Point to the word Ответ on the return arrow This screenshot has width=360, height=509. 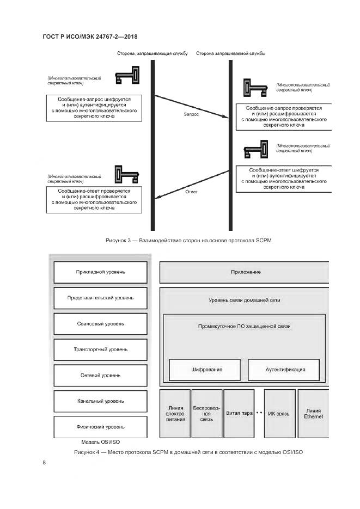(191, 192)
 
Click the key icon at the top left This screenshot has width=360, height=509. (127, 77)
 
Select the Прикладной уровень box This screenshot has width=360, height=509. (100, 272)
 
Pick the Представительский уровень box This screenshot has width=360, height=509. (100, 298)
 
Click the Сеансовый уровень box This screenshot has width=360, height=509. (100, 323)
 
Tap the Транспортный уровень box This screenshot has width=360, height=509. (100, 349)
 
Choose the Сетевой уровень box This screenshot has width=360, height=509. (100, 375)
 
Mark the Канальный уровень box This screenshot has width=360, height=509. (100, 401)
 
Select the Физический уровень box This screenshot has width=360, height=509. (100, 427)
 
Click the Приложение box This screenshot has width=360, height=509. (244, 272)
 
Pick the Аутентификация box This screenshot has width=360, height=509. (285, 370)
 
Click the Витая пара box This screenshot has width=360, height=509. (239, 413)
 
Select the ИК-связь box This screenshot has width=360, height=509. (280, 413)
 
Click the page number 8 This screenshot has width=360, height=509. (44, 463)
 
